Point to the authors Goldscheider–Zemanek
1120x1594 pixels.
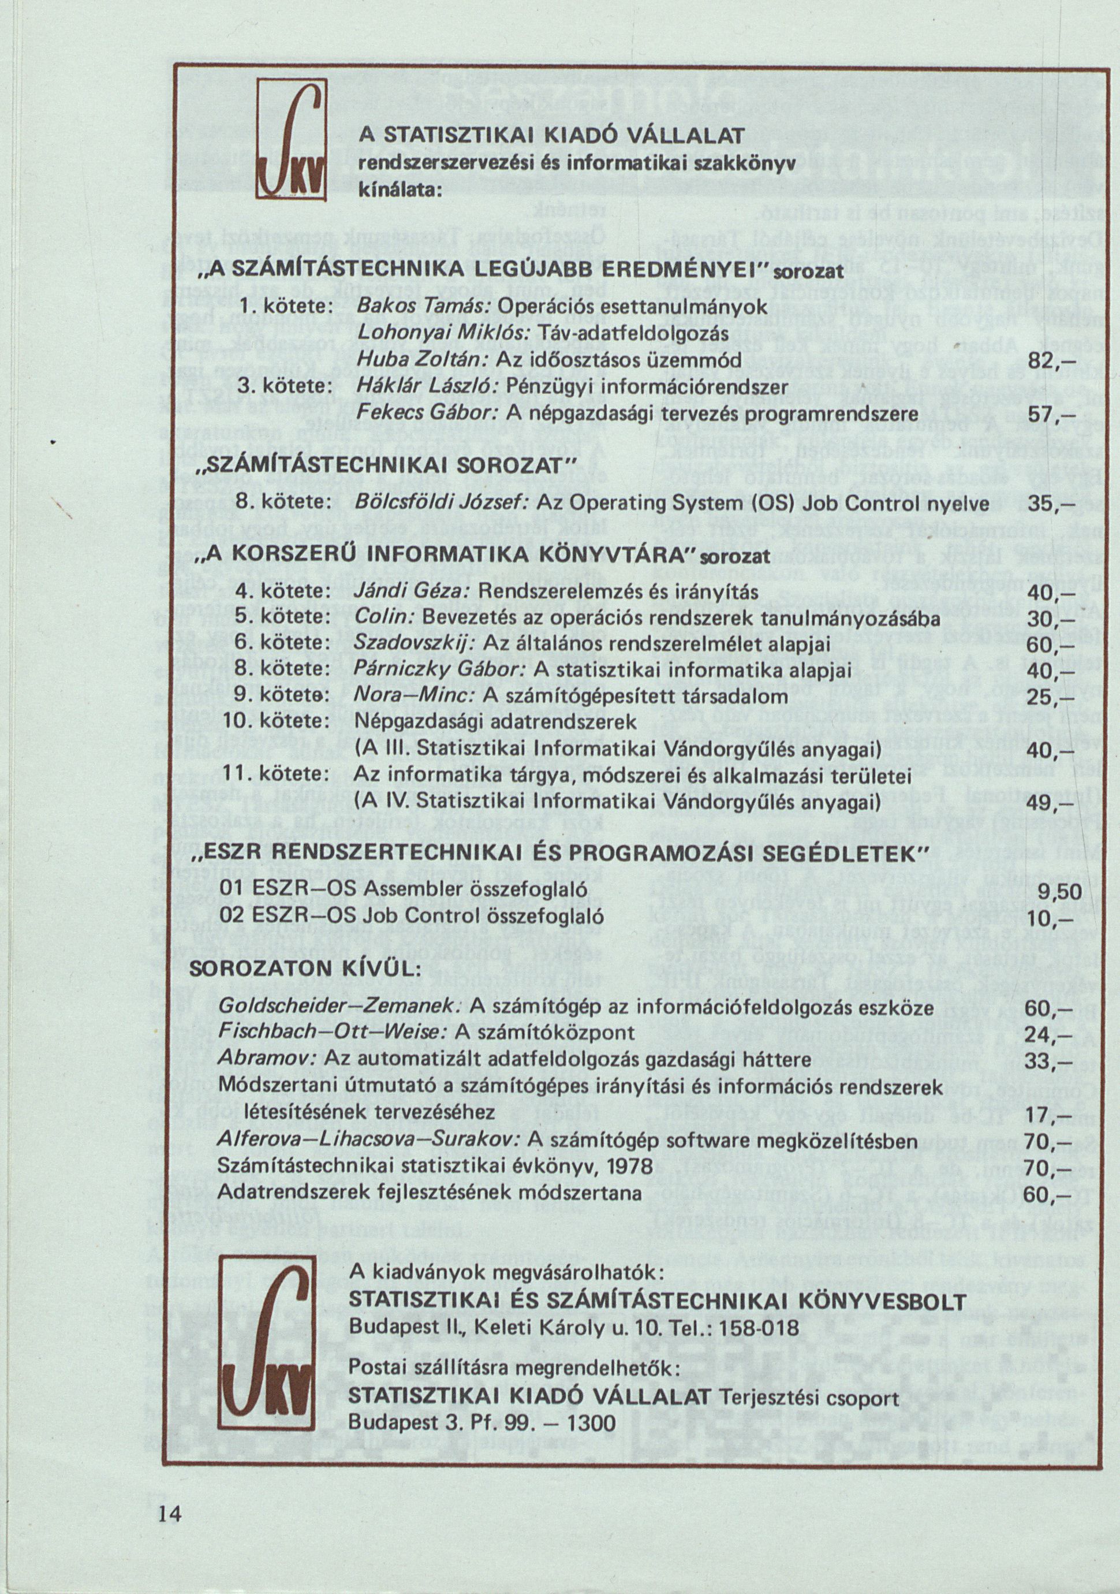point(340,1007)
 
